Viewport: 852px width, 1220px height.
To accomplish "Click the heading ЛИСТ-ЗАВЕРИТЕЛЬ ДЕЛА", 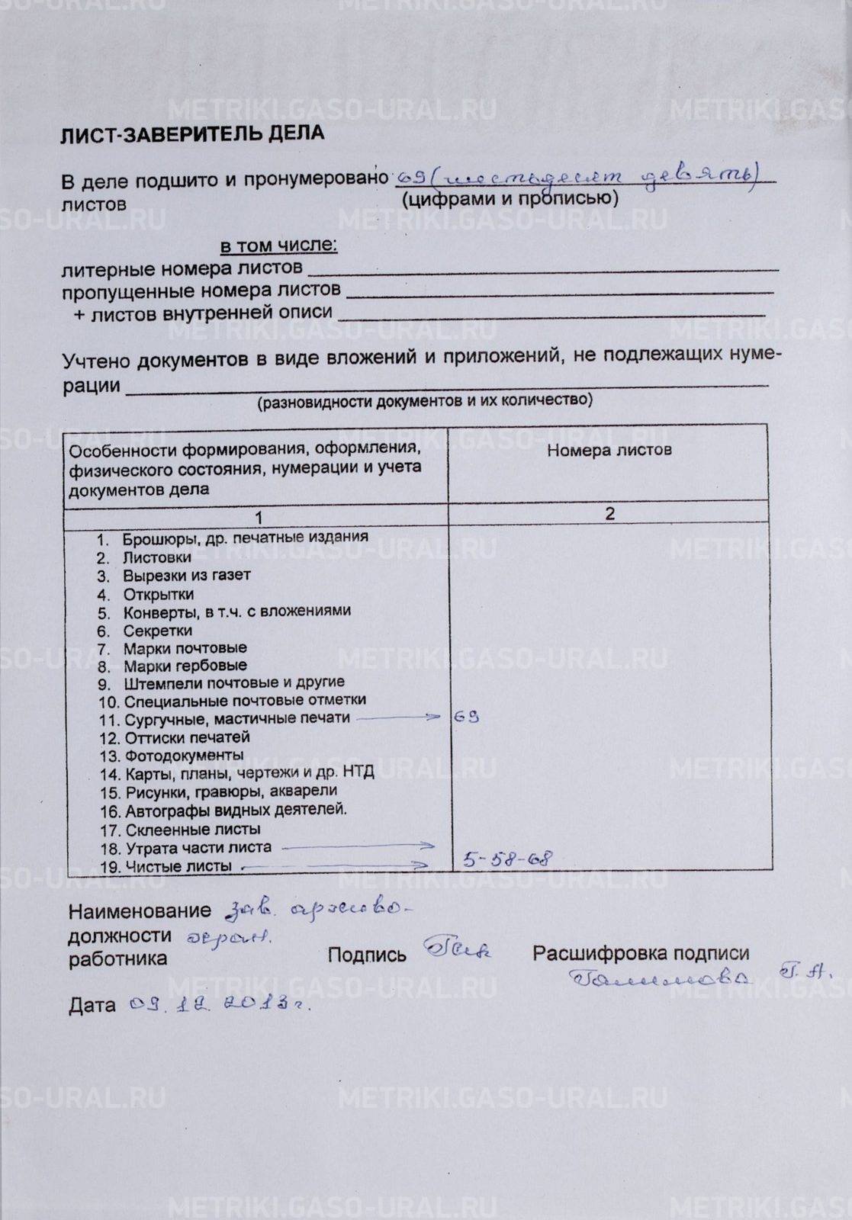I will (x=192, y=134).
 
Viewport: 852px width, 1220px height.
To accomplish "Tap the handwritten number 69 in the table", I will (x=466, y=717).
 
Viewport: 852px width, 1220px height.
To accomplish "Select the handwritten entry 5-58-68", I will (x=506, y=859).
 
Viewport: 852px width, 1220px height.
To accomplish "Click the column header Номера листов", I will (x=609, y=450).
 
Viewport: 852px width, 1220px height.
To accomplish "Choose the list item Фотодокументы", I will (x=183, y=756).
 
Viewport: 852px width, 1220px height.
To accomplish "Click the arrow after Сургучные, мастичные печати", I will (x=398, y=717).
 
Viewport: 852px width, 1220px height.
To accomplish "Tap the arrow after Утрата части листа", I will (x=358, y=846).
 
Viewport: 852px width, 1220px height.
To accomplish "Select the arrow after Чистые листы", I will (x=336, y=865).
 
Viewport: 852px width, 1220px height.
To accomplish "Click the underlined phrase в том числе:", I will (x=278, y=246).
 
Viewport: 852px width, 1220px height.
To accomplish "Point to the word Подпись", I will (x=367, y=955).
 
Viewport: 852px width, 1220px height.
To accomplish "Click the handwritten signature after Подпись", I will (x=458, y=950).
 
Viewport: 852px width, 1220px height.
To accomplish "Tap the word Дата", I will (x=92, y=1006).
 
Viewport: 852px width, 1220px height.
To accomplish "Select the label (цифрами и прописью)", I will (x=509, y=199).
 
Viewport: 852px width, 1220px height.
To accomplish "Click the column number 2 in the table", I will (x=609, y=514).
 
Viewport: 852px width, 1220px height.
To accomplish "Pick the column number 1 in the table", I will (x=259, y=518).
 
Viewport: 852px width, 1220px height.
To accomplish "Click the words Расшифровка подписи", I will (x=641, y=953).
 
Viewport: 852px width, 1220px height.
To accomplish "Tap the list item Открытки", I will (x=158, y=594).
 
